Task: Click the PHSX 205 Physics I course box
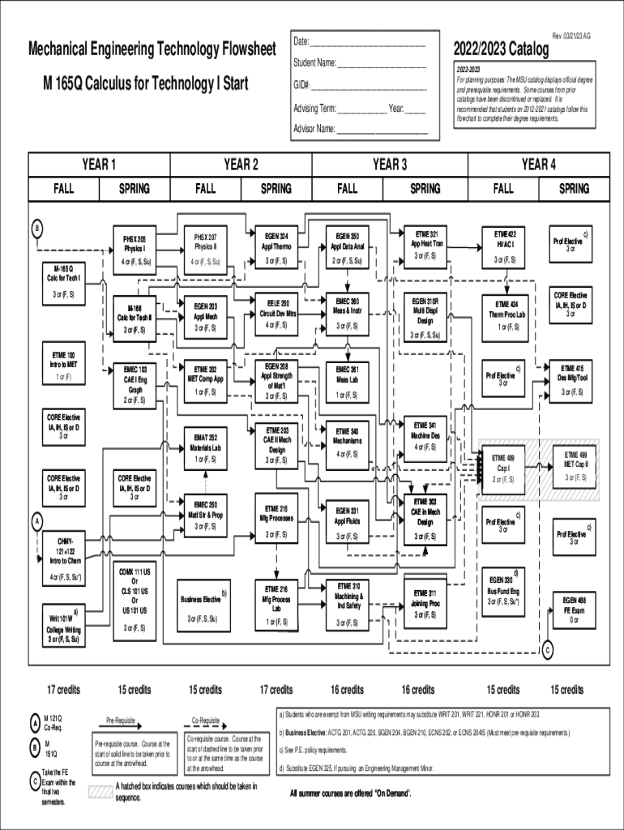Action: coord(135,250)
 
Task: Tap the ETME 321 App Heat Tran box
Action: coord(425,242)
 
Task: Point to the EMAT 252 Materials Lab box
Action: coord(205,447)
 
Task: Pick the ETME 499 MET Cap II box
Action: coord(575,465)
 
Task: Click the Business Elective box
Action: coord(205,605)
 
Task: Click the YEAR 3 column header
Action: coord(390,165)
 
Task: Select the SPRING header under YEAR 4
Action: coord(575,188)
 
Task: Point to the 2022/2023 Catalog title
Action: coord(501,51)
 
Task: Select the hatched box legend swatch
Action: coord(99,791)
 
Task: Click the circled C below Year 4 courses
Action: coord(548,651)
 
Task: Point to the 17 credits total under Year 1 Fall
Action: coord(63,690)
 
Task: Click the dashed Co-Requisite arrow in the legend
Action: coord(205,727)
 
